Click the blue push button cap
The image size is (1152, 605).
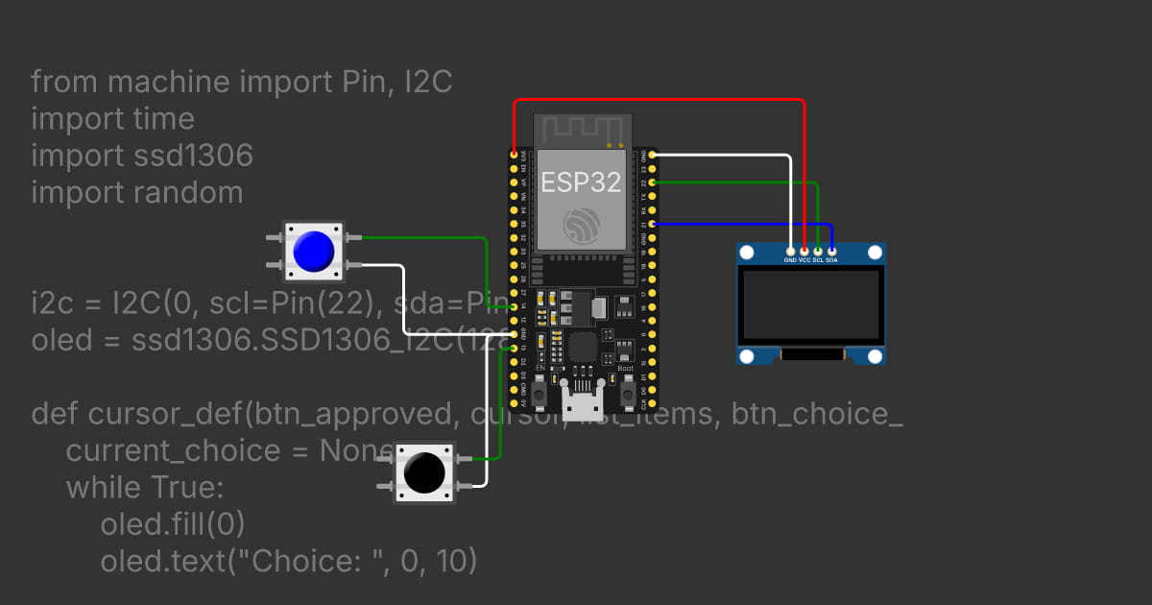[x=313, y=251]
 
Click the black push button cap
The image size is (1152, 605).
[x=423, y=472]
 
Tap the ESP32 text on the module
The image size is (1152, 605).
[x=581, y=181]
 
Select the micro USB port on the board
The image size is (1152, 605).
[x=583, y=404]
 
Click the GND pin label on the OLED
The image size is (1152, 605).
[x=790, y=260]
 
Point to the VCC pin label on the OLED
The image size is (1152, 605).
[x=804, y=260]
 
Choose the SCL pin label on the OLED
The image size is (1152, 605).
[x=818, y=260]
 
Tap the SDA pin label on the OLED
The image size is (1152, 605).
[x=831, y=260]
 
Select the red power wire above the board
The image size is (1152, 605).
[x=662, y=99]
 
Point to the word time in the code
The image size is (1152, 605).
[x=163, y=118]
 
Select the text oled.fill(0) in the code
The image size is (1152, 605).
[x=173, y=524]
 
